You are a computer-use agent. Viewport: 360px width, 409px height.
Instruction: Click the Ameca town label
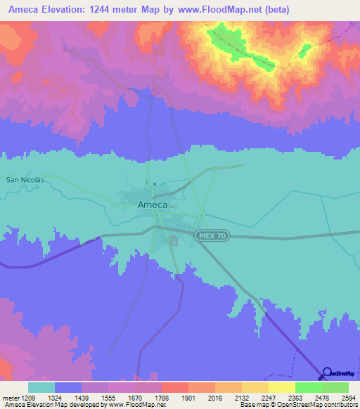(152, 204)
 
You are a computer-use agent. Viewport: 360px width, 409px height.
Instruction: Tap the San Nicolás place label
(25, 180)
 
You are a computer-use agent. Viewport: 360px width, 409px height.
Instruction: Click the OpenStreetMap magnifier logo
(326, 374)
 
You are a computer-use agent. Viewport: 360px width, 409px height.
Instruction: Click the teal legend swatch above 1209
(41, 387)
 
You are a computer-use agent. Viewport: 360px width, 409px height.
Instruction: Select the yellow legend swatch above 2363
(282, 387)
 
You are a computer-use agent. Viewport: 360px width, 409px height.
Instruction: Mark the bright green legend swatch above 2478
(309, 387)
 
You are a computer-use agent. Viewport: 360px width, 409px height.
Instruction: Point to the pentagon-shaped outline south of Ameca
(173, 241)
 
